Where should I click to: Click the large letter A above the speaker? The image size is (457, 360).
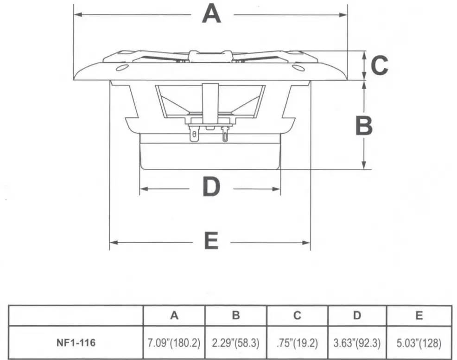(211, 14)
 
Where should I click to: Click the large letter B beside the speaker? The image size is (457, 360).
(364, 126)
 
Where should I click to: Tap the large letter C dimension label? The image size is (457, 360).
(380, 65)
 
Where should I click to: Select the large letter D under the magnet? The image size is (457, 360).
(211, 188)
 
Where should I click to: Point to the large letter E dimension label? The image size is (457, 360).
(211, 242)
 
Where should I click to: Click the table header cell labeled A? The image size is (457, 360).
(174, 316)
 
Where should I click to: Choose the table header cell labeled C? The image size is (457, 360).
(297, 316)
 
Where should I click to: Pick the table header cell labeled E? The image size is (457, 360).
(419, 316)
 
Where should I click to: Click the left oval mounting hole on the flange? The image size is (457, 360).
(122, 68)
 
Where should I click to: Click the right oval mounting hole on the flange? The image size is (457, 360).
(298, 68)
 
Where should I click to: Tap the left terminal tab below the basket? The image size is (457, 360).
(194, 135)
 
